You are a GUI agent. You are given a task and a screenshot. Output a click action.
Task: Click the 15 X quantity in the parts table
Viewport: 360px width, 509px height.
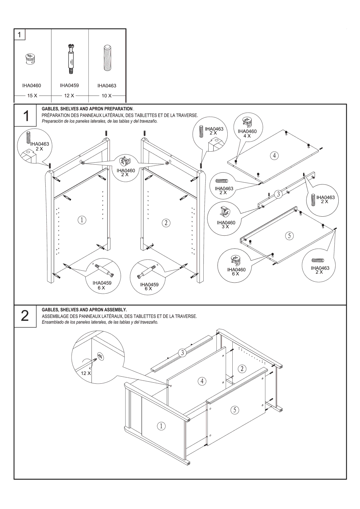click(32, 96)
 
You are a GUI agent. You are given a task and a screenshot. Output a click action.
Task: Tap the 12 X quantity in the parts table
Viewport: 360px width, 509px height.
click(69, 96)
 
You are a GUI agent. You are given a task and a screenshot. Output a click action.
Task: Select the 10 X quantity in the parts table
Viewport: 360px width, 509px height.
click(106, 96)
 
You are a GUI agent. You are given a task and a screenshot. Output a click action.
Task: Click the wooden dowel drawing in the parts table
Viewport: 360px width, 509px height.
click(108, 58)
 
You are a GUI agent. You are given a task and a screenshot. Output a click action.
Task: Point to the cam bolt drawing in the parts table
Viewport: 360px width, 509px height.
click(71, 59)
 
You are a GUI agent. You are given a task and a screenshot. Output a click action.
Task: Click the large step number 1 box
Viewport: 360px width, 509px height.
click(25, 115)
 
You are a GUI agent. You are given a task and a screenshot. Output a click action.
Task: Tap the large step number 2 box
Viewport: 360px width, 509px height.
click(25, 316)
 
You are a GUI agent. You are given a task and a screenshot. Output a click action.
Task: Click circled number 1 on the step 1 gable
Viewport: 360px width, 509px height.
click(82, 220)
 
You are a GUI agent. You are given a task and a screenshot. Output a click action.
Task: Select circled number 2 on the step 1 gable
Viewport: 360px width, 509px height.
click(166, 223)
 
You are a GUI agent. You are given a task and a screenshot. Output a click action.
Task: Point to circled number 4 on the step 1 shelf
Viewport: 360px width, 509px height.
click(274, 156)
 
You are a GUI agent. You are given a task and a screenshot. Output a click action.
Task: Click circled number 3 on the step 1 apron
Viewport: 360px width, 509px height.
click(278, 194)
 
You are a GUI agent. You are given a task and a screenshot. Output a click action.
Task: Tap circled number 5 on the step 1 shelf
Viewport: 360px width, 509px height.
click(289, 236)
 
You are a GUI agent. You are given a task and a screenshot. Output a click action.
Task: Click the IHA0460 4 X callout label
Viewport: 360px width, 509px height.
click(247, 134)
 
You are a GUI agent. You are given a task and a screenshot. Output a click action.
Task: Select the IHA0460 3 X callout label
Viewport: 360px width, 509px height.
click(226, 225)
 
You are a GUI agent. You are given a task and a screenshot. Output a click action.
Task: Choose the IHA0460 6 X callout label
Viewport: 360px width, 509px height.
click(236, 272)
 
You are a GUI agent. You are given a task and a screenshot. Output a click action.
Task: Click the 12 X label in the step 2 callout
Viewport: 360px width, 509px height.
click(86, 373)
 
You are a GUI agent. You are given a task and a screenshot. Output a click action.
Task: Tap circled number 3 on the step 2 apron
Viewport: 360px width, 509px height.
click(182, 353)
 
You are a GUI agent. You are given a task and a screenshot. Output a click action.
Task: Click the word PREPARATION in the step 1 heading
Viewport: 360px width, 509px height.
click(118, 109)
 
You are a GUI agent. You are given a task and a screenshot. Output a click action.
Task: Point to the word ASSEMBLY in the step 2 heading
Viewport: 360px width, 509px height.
click(115, 310)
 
